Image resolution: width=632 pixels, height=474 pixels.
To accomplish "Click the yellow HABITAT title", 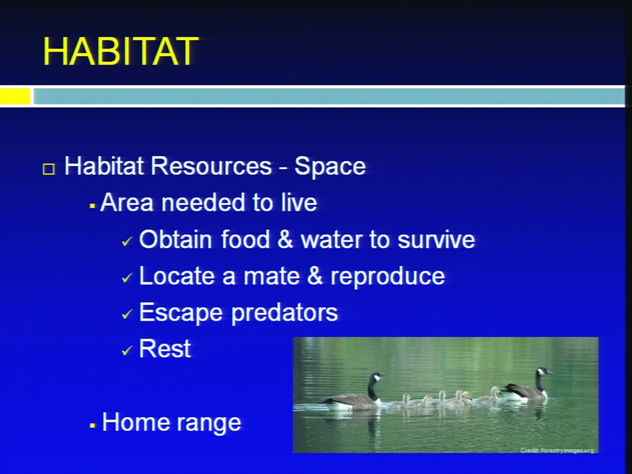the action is pyautogui.click(x=120, y=51).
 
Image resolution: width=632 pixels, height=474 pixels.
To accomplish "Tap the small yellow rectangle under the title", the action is pyautogui.click(x=15, y=96).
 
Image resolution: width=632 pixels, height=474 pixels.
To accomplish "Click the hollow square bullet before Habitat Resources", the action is pyautogui.click(x=49, y=169).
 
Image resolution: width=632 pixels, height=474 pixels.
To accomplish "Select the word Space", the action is pyautogui.click(x=330, y=167).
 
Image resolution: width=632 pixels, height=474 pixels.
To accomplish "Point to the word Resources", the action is pyautogui.click(x=211, y=166).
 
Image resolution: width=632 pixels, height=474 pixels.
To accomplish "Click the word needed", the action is pyautogui.click(x=204, y=202).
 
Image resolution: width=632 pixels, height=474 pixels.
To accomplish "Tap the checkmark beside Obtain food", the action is pyautogui.click(x=126, y=242).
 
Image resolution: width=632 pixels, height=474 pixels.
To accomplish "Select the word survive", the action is pyautogui.click(x=436, y=240).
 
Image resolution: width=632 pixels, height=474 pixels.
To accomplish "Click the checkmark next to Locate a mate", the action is pyautogui.click(x=126, y=278).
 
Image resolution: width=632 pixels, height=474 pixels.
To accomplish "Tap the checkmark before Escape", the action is pyautogui.click(x=126, y=314).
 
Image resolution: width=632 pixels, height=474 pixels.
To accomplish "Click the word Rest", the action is pyautogui.click(x=165, y=349).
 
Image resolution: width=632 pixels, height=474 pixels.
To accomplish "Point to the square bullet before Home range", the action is pyautogui.click(x=92, y=425).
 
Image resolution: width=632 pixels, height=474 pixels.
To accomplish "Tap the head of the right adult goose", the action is pyautogui.click(x=544, y=371).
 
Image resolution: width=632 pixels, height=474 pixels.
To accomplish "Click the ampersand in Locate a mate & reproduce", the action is pyautogui.click(x=315, y=276).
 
